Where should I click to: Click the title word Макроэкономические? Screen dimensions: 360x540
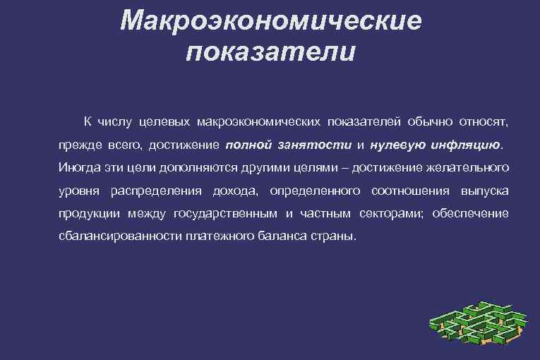[x=270, y=20]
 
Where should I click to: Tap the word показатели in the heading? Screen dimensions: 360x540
[x=271, y=53]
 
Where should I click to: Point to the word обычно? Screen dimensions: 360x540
[x=431, y=122]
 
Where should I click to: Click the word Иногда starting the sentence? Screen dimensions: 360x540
[x=80, y=167]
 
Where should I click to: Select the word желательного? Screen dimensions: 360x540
[x=465, y=167]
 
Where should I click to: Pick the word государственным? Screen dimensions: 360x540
[x=224, y=213]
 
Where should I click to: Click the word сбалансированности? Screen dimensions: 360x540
[x=121, y=236]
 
